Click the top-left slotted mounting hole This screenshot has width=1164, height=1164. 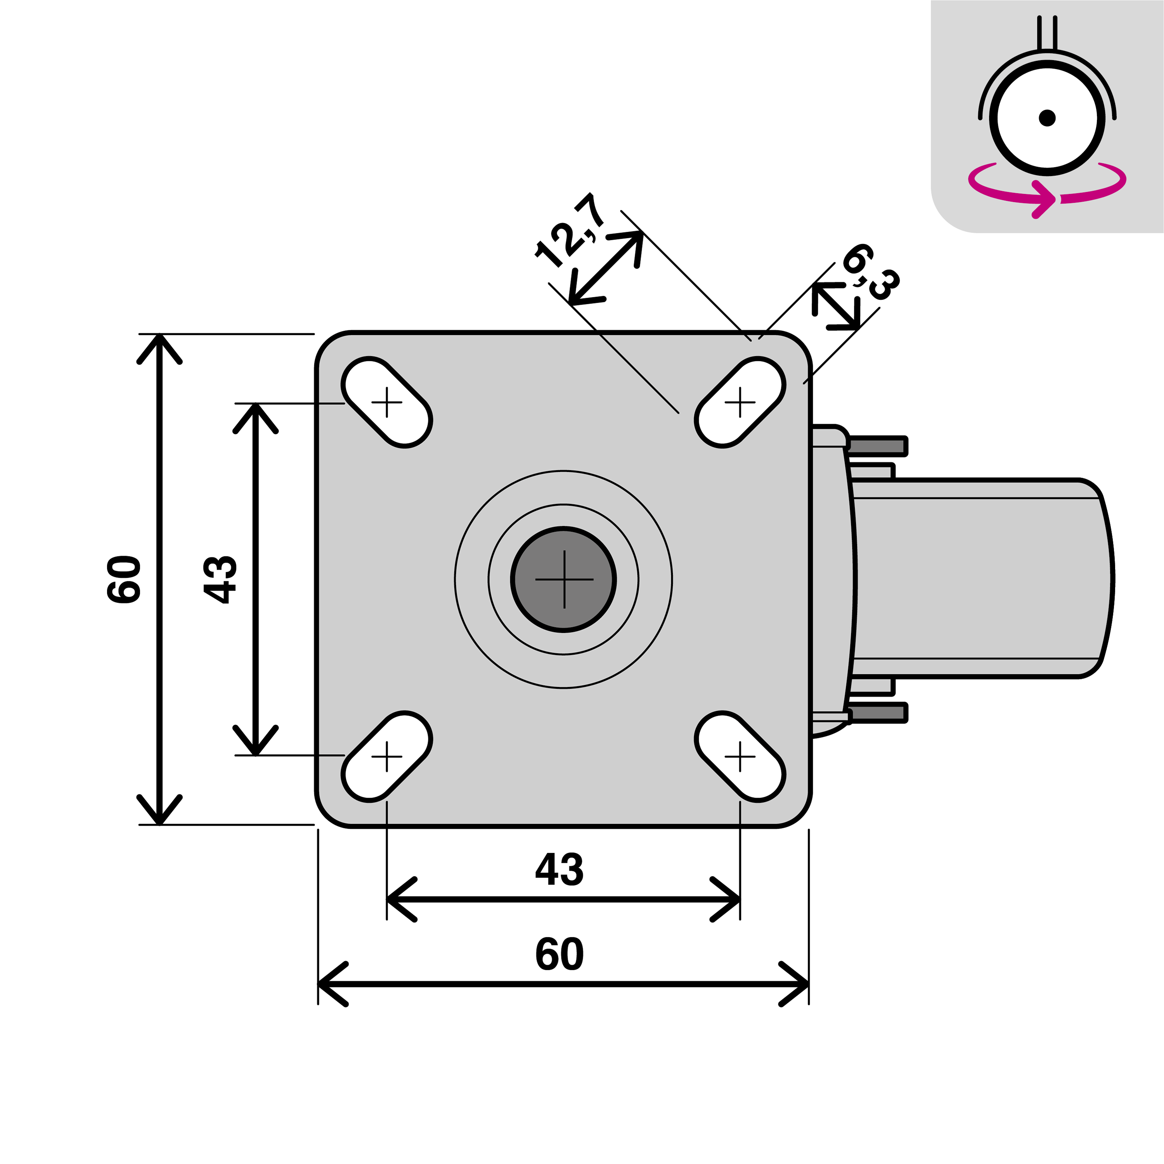(387, 402)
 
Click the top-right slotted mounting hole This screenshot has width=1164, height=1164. (740, 402)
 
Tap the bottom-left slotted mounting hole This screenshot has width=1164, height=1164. (387, 756)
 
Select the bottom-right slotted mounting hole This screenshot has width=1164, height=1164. (740, 756)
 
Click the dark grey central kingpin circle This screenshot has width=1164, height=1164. (563, 580)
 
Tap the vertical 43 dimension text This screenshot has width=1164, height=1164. (220, 580)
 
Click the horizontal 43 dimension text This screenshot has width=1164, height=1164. (559, 870)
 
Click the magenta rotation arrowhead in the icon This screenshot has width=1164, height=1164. (1045, 199)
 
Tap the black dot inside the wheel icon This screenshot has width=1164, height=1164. (1047, 118)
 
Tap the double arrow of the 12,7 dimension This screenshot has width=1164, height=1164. (606, 268)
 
